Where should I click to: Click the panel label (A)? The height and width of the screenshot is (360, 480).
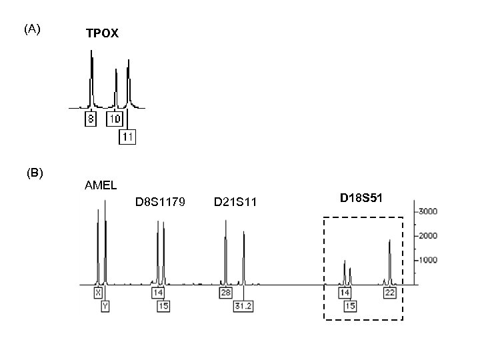click(32, 29)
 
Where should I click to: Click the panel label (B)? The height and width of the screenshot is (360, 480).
click(35, 173)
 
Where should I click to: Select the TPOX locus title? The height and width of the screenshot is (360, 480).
click(102, 33)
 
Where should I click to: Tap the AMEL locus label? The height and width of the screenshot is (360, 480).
click(99, 185)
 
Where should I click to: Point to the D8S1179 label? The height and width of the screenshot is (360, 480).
click(160, 201)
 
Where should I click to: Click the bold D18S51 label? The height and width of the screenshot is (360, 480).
click(361, 198)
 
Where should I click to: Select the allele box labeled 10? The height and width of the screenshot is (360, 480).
click(114, 119)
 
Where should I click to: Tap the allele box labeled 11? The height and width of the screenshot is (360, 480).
click(127, 137)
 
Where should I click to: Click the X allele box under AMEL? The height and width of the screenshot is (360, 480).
click(99, 293)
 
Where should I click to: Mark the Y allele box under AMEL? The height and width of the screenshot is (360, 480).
click(105, 306)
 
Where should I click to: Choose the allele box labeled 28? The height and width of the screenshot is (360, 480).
click(225, 293)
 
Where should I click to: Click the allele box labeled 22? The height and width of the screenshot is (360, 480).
click(390, 293)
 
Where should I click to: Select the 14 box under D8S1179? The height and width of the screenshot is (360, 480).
click(158, 293)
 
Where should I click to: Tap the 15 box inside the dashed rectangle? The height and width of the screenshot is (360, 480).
click(351, 306)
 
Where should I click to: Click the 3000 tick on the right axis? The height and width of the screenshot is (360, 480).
click(427, 211)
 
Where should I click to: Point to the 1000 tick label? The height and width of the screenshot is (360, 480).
click(427, 260)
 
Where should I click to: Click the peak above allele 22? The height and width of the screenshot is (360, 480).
click(390, 243)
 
